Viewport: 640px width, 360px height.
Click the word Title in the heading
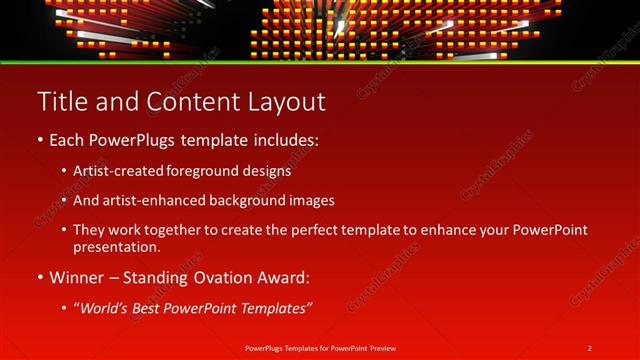(x=59, y=102)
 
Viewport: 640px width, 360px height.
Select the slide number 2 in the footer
(x=589, y=347)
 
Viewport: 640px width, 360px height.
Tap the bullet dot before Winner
(x=39, y=277)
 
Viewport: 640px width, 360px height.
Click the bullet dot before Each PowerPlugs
(x=39, y=140)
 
